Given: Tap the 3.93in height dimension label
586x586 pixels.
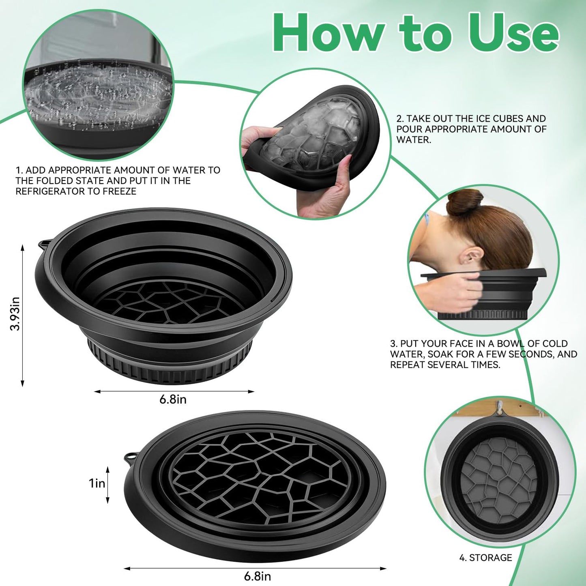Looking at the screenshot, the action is (15, 313).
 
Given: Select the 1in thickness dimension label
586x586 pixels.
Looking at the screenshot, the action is (97, 483).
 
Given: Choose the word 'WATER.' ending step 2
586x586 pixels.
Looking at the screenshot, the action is (414, 140).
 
